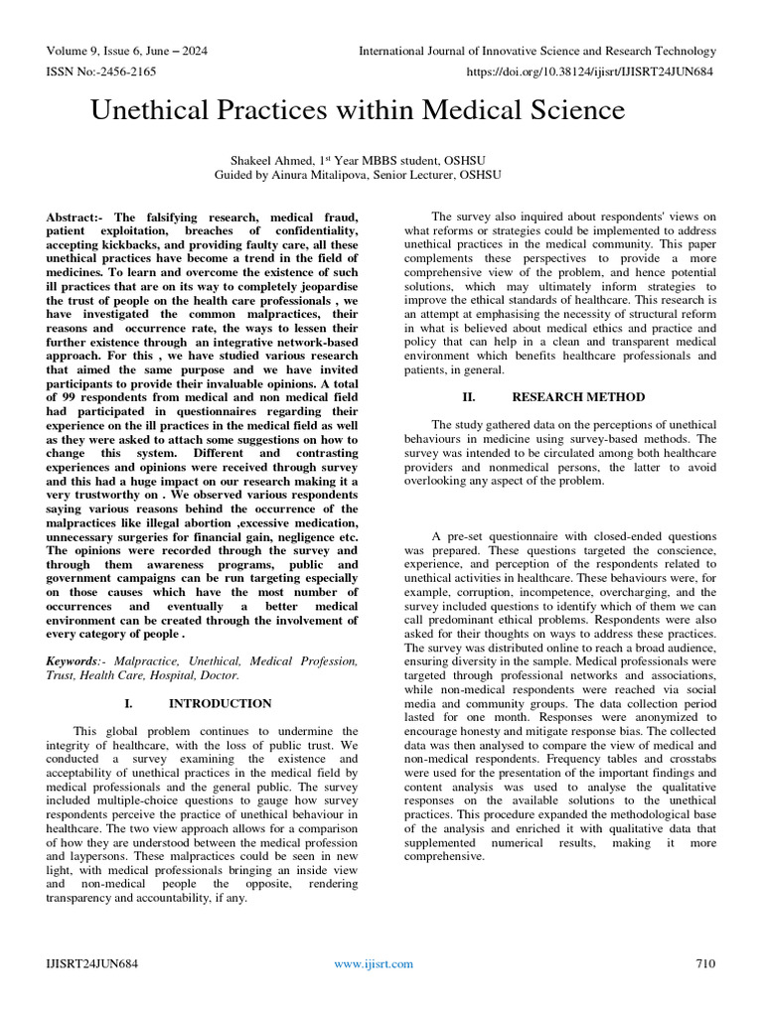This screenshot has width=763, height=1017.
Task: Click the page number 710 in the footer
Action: [705, 963]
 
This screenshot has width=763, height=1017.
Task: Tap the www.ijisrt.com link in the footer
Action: [374, 963]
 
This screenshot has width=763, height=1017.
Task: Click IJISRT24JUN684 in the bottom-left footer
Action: [89, 963]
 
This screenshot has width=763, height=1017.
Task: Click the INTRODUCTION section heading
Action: [220, 703]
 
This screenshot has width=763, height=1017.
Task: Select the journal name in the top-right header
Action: [536, 51]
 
